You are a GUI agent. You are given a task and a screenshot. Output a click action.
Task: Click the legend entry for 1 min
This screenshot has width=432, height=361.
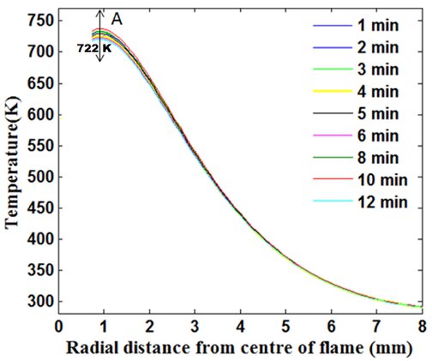click(x=378, y=25)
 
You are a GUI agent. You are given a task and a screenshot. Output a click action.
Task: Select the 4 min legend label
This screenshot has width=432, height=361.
click(x=378, y=92)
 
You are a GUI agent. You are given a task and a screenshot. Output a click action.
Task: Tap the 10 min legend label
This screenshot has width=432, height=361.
click(x=382, y=180)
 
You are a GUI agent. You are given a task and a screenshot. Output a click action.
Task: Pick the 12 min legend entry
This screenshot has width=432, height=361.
click(x=382, y=202)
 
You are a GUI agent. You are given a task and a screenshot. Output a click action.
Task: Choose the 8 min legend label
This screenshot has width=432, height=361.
click(x=378, y=158)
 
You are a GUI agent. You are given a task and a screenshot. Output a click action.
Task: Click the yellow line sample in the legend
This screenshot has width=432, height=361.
click(x=333, y=91)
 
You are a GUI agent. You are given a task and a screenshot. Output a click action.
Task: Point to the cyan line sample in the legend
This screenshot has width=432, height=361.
click(x=333, y=201)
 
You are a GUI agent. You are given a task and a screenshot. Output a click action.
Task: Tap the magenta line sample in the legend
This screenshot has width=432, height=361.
click(x=333, y=135)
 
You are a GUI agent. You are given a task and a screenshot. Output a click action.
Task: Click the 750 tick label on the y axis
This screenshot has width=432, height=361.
click(x=39, y=21)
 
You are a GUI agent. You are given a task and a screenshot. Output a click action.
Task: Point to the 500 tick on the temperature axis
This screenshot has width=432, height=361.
click(x=39, y=177)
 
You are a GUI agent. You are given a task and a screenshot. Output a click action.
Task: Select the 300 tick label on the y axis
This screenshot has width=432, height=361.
click(x=39, y=302)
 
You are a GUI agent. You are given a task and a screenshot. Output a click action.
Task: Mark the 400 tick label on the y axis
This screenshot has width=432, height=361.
click(x=39, y=239)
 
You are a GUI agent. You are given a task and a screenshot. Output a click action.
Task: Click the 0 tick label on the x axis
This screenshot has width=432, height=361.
click(x=58, y=327)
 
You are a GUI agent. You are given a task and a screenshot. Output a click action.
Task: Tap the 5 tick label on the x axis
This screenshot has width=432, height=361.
click(x=285, y=327)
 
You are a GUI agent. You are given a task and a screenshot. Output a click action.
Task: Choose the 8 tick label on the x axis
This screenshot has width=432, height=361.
click(x=422, y=327)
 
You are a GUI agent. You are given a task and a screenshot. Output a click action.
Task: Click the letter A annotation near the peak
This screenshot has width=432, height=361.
click(x=117, y=20)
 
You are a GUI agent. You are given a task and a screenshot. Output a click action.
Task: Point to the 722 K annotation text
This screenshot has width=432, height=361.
click(x=94, y=48)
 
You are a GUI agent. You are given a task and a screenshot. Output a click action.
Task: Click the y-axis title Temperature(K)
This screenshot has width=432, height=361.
click(x=12, y=162)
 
